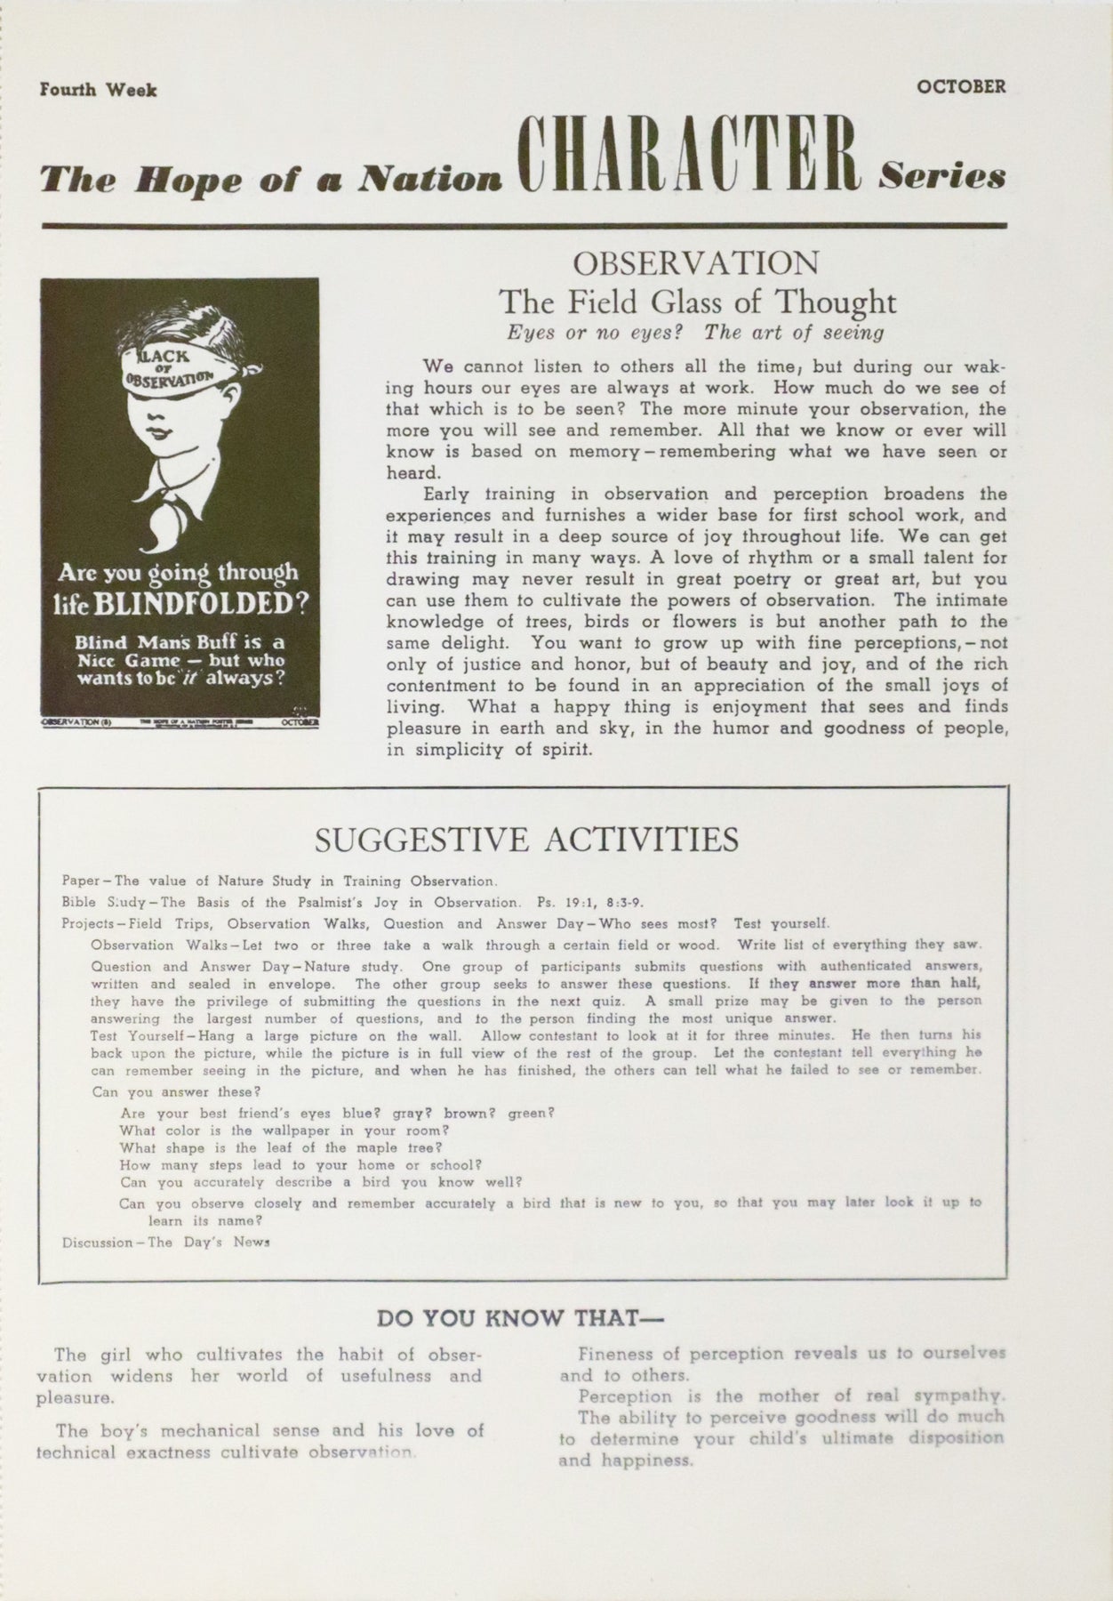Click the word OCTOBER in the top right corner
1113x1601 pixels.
coord(961,87)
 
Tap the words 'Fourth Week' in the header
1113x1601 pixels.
coord(98,90)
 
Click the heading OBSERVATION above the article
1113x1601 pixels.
coord(696,263)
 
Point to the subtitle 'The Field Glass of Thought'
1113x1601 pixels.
coord(697,302)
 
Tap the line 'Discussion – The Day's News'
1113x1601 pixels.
coord(164,1243)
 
